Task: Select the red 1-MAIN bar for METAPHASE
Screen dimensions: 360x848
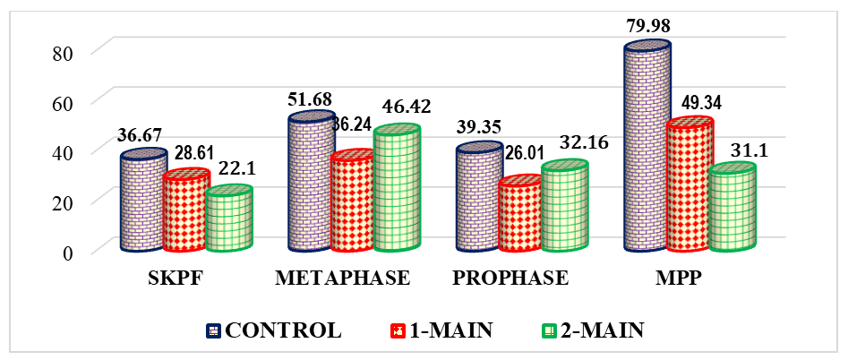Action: click(x=353, y=204)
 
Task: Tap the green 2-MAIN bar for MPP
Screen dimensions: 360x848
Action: click(x=732, y=210)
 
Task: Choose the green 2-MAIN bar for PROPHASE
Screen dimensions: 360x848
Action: click(x=564, y=208)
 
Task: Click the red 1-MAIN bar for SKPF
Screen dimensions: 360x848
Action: click(x=185, y=212)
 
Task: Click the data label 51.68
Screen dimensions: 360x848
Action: click(x=310, y=97)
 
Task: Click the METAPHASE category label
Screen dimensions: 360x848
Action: click(x=343, y=279)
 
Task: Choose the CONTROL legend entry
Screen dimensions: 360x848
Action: click(x=273, y=330)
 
